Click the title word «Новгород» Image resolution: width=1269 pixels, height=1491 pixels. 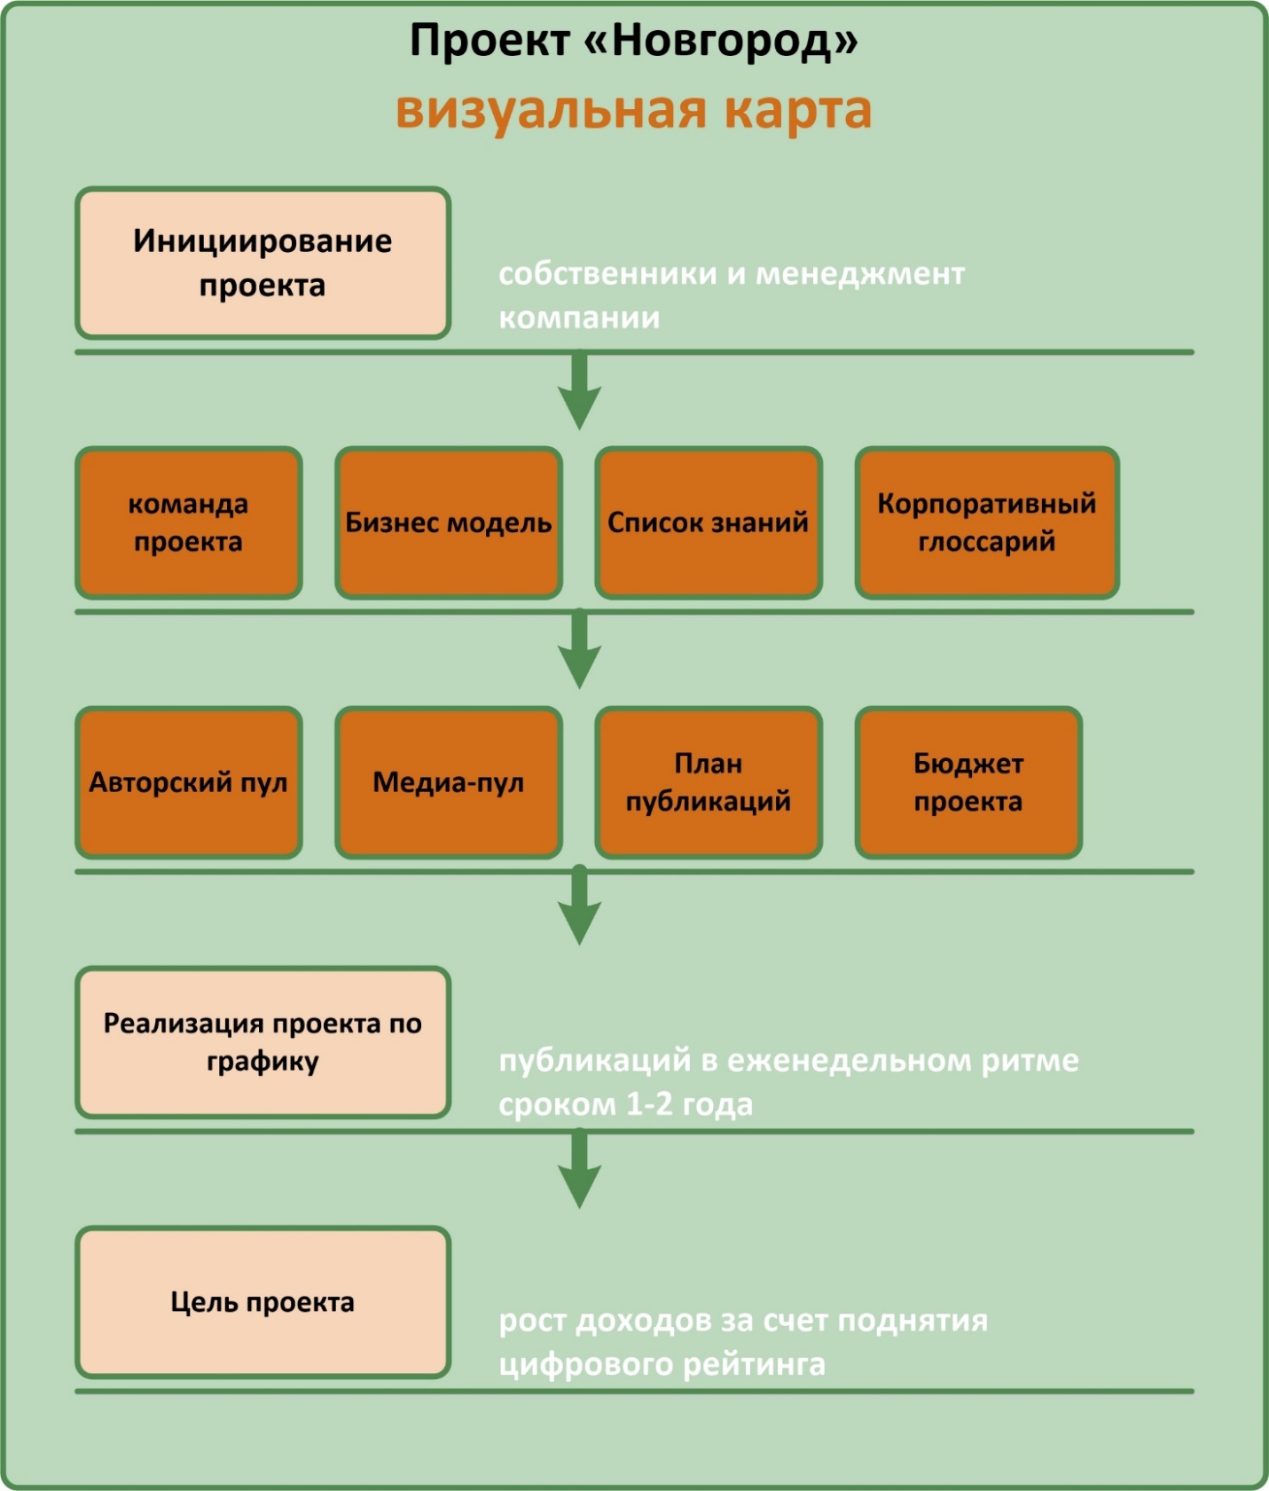(722, 41)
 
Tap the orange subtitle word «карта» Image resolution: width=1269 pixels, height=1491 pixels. (797, 111)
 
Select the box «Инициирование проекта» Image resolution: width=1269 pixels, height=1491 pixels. (262, 263)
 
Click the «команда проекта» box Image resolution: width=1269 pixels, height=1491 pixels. (188, 523)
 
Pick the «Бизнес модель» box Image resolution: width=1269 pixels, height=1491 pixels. (448, 523)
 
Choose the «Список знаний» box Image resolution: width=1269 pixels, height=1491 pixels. (708, 523)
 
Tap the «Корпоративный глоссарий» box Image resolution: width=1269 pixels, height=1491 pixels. (986, 523)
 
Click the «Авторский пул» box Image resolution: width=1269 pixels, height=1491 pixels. (188, 782)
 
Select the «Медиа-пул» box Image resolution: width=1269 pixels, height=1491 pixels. (448, 782)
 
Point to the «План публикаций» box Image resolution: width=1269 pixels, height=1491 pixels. (708, 782)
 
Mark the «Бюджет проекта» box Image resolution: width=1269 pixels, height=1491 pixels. (967, 782)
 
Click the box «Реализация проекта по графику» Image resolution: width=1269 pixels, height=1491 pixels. (262, 1042)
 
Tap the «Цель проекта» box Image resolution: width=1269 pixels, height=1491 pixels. (262, 1302)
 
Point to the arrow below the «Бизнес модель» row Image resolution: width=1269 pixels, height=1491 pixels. (579, 651)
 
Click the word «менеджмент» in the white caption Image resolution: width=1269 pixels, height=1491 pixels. (859, 274)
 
